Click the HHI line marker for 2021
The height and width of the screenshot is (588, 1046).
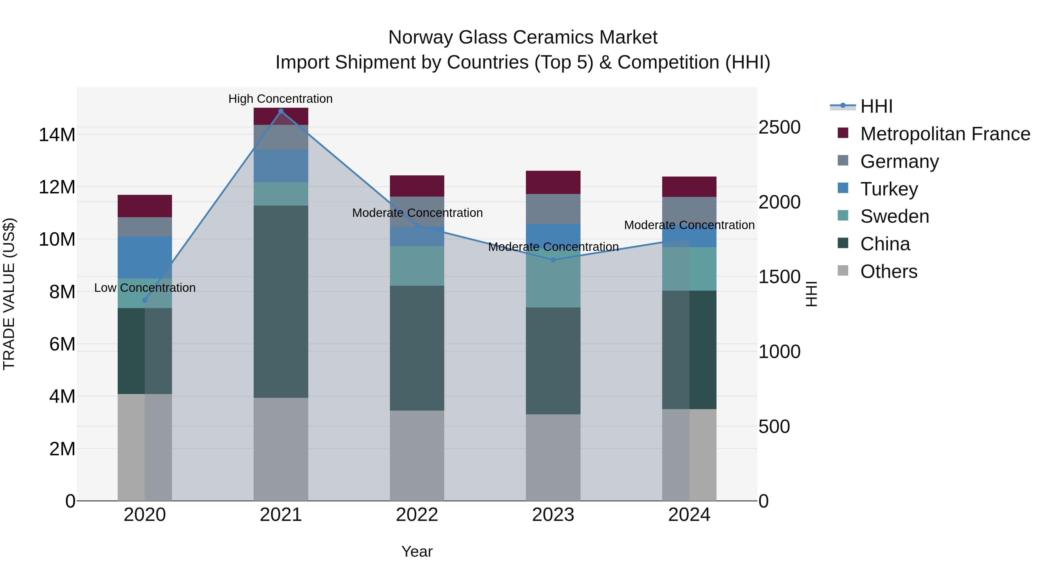tap(281, 111)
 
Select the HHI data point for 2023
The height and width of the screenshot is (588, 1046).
tap(553, 260)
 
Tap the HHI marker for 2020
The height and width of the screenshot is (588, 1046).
tap(145, 300)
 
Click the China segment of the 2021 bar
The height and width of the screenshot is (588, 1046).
tap(281, 301)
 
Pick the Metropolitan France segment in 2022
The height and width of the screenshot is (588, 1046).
tap(417, 186)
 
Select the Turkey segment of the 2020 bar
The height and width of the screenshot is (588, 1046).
tap(145, 257)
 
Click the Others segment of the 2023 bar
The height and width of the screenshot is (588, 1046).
tap(553, 457)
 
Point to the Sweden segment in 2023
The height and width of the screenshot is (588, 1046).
tap(553, 280)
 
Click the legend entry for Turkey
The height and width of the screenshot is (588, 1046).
tap(889, 189)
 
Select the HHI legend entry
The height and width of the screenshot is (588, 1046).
tap(876, 106)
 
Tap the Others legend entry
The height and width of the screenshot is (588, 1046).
tap(889, 271)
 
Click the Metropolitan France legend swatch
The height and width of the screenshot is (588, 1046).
tap(843, 133)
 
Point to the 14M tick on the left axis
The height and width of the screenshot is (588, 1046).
tap(57, 135)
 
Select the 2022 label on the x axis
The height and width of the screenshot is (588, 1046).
tap(417, 515)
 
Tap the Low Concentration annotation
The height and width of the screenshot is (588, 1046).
tap(145, 288)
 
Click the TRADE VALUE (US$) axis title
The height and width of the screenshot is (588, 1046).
tap(9, 294)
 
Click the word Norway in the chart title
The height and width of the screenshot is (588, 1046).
tap(421, 37)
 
